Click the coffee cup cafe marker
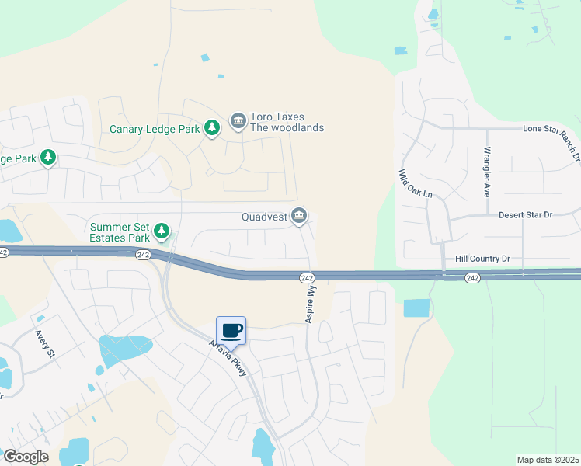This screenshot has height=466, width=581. click(x=231, y=330)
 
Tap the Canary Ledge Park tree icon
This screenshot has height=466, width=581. click(x=212, y=128)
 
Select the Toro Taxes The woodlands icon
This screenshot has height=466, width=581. click(x=238, y=122)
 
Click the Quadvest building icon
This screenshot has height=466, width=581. click(x=299, y=217)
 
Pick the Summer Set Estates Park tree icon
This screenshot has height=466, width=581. click(x=162, y=231)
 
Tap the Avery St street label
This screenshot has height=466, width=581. click(x=44, y=344)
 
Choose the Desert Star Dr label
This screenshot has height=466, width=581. click(x=525, y=215)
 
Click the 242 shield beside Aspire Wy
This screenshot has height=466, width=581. click(x=307, y=277)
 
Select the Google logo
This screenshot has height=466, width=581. click(x=26, y=457)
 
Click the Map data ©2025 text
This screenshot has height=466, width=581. click(x=547, y=460)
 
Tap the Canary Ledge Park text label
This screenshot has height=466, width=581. click(x=155, y=129)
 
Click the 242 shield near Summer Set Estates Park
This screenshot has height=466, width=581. click(x=142, y=254)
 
